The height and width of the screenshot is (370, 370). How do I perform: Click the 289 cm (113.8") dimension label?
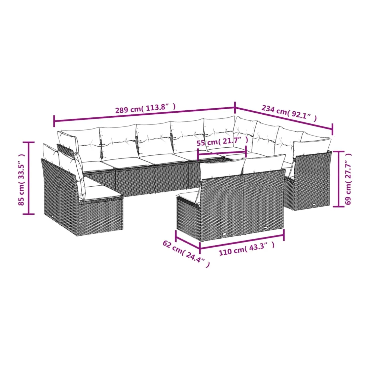(x=145, y=109)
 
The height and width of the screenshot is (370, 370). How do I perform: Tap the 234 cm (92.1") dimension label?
(x=289, y=113)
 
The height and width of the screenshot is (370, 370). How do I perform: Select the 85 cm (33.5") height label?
(x=22, y=179)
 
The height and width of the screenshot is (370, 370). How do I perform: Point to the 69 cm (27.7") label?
(x=348, y=179)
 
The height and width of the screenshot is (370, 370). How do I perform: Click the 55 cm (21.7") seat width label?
(x=223, y=142)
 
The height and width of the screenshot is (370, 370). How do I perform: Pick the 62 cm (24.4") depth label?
(x=186, y=254)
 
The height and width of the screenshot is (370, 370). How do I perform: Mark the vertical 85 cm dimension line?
(x=29, y=178)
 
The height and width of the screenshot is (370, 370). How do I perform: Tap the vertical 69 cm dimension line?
(x=338, y=179)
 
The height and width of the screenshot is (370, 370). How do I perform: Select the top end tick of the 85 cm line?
(x=29, y=142)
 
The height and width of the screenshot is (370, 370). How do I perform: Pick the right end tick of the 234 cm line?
(x=332, y=129)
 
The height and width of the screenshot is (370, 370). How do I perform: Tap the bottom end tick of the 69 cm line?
(x=338, y=206)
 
